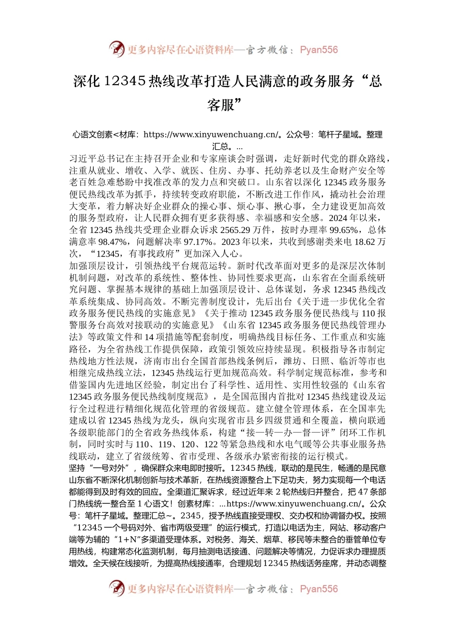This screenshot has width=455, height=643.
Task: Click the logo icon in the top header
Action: click(x=116, y=49)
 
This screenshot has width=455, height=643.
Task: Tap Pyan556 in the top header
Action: click(x=318, y=50)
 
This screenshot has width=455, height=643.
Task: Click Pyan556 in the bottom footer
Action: click(x=318, y=589)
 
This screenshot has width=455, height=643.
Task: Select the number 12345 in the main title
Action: click(x=124, y=81)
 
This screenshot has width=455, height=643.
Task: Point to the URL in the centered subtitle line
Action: click(x=210, y=134)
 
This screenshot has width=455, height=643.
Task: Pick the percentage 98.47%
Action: click(x=113, y=242)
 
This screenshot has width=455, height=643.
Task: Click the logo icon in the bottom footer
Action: click(x=116, y=588)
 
